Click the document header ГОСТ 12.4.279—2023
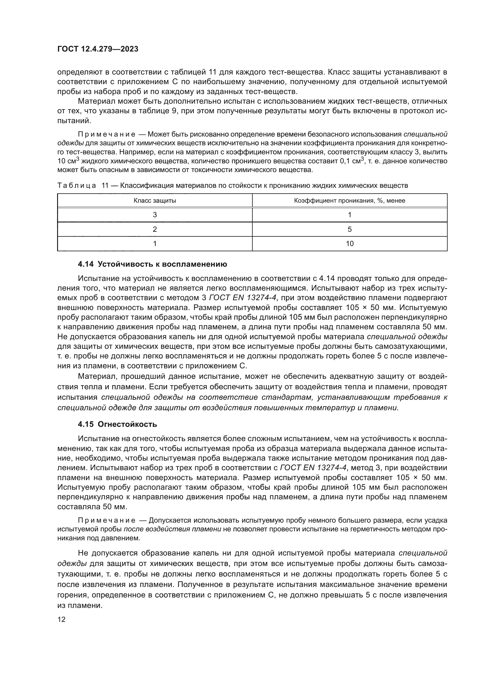point(98,49)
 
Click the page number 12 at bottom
point(61,619)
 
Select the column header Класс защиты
point(155,201)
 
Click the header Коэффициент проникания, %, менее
point(349,201)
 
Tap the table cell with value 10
point(349,243)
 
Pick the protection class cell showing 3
point(155,215)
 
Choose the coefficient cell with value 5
point(349,229)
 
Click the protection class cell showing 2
point(155,229)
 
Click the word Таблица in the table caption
point(76,186)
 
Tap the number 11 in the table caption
point(105,186)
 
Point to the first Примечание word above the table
point(107,134)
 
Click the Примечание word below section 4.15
point(107,520)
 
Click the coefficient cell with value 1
point(349,215)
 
